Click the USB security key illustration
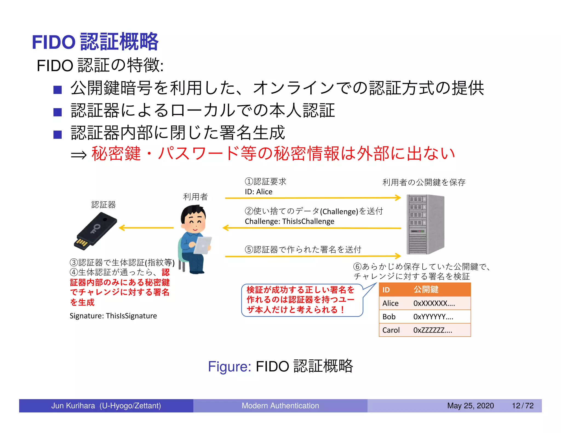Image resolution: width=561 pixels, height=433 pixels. pos(95,231)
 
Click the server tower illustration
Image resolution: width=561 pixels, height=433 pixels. pos(425,224)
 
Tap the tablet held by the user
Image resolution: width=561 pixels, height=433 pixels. pos(203,245)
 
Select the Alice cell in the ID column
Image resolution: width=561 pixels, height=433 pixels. pos(390,303)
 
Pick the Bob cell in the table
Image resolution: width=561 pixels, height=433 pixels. pos(389,317)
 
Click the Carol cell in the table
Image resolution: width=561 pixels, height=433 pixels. pos(391,330)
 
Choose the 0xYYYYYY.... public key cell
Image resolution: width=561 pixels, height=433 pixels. pos(433,317)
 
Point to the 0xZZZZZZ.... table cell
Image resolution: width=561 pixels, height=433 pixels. pos(433,330)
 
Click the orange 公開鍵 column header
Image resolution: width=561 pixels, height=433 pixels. pos(426,290)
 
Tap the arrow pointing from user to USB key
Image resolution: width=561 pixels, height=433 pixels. pos(147,228)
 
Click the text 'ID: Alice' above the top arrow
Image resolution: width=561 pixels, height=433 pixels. pos(259,192)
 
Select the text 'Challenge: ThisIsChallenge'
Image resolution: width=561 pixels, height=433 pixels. pos(290,221)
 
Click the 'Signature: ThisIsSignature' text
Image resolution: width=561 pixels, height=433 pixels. pos(113,316)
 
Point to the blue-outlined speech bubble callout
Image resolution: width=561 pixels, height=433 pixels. pos(301,300)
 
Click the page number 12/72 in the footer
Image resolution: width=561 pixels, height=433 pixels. pos(523,406)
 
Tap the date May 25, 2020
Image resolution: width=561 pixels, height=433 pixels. pos(470,406)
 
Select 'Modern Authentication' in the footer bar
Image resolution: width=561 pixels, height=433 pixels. pos(280,406)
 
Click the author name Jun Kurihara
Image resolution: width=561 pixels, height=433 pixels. pos(73,406)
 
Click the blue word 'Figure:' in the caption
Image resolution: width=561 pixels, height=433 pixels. pos(230,366)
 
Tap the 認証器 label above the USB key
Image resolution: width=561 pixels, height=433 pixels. pos(104,204)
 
